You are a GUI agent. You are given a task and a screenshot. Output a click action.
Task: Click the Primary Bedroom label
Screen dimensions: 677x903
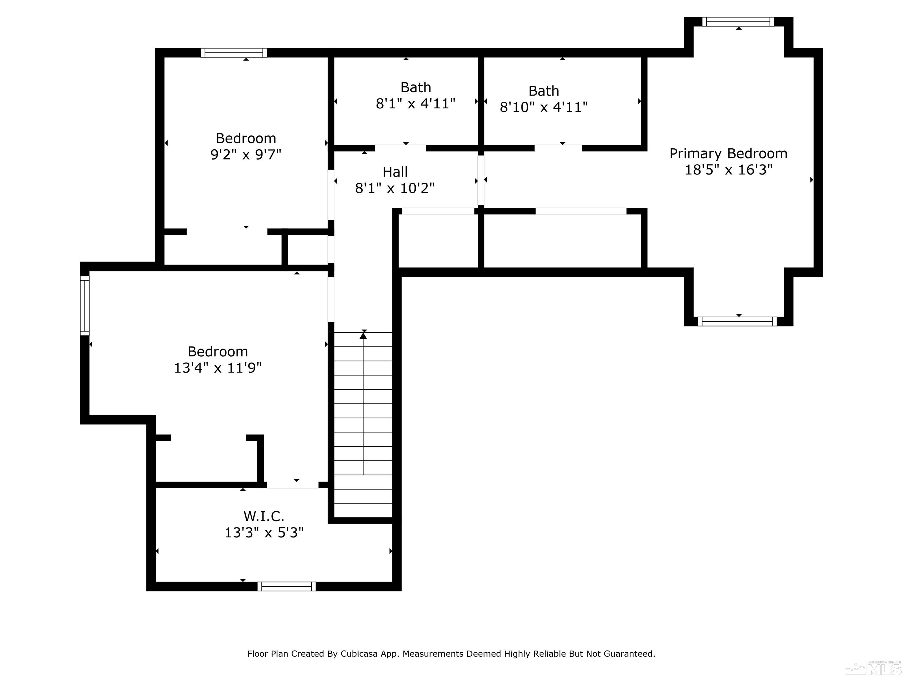pyautogui.click(x=728, y=154)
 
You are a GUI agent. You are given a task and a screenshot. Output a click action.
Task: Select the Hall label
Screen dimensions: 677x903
pyautogui.click(x=395, y=172)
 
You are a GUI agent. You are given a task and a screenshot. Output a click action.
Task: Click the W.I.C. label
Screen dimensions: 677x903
pyautogui.click(x=264, y=517)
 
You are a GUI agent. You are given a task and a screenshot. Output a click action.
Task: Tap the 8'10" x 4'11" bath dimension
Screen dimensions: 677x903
pyautogui.click(x=544, y=107)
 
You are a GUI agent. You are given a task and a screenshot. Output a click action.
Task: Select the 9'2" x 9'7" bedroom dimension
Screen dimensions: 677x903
pyautogui.click(x=246, y=155)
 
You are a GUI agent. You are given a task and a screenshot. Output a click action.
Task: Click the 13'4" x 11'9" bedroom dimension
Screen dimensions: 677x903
pyautogui.click(x=218, y=368)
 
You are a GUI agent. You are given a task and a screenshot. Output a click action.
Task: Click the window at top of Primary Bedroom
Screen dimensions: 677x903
pyautogui.click(x=738, y=22)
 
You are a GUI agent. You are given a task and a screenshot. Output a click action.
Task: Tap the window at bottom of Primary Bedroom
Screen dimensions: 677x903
pyautogui.click(x=737, y=321)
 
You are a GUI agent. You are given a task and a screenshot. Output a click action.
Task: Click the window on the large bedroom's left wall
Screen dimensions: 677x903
pyautogui.click(x=84, y=306)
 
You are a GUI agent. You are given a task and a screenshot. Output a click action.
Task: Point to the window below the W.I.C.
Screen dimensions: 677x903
pyautogui.click(x=287, y=586)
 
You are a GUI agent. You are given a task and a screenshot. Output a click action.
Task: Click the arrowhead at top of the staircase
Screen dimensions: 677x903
pyautogui.click(x=363, y=336)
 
